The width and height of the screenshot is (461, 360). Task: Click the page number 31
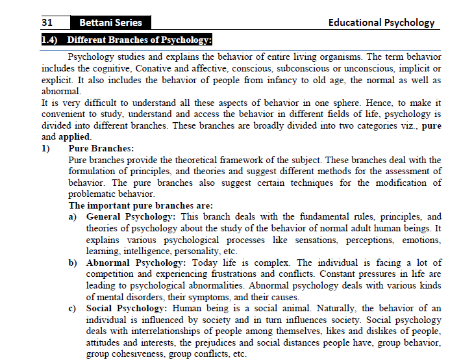47,23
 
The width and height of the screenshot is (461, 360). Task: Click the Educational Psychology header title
381,23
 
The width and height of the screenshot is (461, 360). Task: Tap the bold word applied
71,137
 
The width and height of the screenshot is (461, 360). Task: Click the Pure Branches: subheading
101,149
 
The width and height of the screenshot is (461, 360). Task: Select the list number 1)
46,149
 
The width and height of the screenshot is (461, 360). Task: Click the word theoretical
218,160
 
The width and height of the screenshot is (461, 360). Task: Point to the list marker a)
74,217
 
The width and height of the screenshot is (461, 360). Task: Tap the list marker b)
74,263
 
